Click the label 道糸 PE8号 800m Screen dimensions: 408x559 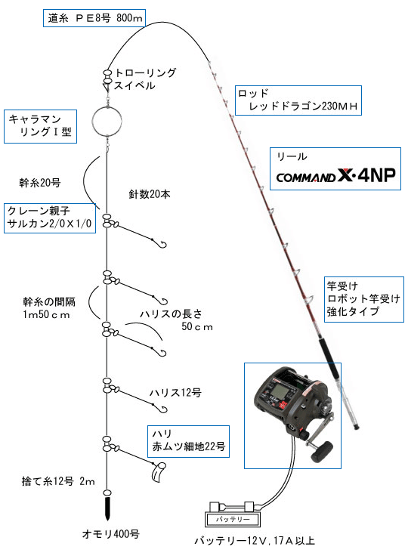tap(94, 17)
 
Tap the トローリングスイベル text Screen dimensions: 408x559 tap(144, 79)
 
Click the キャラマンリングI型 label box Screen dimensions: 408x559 tap(40, 127)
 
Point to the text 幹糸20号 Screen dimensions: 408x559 tap(40, 183)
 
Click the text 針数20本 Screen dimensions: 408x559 tap(150, 194)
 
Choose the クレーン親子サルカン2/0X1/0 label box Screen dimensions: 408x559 tap(50, 218)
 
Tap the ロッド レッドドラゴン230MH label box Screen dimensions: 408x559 tap(298, 100)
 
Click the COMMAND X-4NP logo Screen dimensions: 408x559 tap(335, 176)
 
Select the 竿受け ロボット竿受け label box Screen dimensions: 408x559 tap(363, 299)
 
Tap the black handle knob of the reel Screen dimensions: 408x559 tap(322, 452)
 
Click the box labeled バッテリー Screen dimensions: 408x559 tap(233, 519)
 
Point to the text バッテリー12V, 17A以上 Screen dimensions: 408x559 tap(255, 541)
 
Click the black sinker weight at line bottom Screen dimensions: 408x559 tap(107, 508)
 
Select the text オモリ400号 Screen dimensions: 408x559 tap(110, 533)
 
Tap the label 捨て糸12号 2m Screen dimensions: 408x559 tap(58, 481)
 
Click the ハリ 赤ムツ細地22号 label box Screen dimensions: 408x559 tap(188, 441)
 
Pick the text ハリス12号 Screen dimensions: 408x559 tap(175, 392)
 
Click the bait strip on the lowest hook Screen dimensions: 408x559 tap(159, 472)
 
